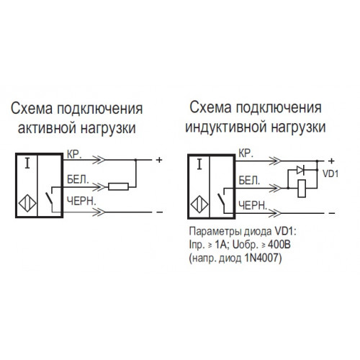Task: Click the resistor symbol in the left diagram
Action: (118, 186)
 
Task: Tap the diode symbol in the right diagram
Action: (300, 170)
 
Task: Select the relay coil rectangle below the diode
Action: (302, 189)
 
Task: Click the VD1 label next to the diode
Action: (330, 174)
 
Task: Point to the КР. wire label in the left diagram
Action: (74, 155)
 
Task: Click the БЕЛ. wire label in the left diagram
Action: (78, 179)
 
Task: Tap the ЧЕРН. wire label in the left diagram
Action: (81, 201)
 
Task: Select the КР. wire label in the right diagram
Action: (246, 153)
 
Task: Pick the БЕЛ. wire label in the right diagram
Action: (249, 181)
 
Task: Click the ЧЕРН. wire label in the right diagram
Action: (253, 206)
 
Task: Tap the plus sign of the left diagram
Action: (159, 160)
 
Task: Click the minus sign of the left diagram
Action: (159, 212)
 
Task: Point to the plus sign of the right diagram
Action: (331, 161)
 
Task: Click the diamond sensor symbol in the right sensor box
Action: (199, 204)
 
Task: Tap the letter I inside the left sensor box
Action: (27, 164)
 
